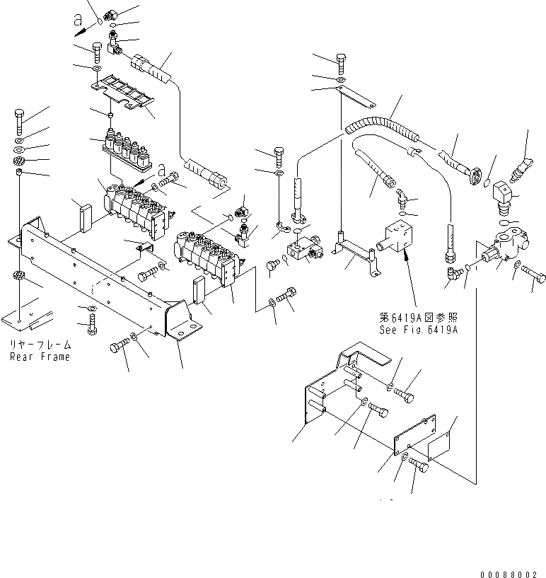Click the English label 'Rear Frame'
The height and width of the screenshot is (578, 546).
(40, 357)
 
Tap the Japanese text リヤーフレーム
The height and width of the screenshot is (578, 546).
(40, 345)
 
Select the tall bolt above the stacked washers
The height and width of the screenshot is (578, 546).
(19, 123)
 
